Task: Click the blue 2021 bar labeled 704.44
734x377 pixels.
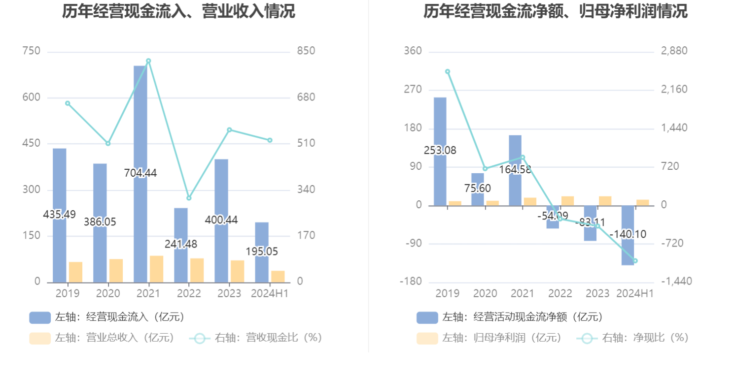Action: tap(140, 174)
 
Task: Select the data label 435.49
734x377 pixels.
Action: tap(59, 215)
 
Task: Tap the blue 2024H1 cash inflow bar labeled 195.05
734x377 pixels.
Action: tap(262, 252)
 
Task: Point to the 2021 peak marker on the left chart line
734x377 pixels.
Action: tap(148, 61)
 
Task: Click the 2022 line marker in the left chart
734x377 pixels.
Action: tap(189, 198)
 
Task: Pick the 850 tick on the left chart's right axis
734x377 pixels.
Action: tap(306, 51)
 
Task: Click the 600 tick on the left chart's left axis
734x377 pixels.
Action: tap(31, 97)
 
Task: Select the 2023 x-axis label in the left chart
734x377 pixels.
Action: tap(229, 293)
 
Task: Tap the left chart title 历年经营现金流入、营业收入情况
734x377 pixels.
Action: tap(178, 11)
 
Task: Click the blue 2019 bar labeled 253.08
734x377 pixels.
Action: tap(440, 152)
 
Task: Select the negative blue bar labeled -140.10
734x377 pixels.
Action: tap(628, 235)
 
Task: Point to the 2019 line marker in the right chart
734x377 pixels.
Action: tap(448, 72)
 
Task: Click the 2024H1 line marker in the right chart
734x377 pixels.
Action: tap(635, 261)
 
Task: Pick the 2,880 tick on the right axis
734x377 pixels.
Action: tap(674, 51)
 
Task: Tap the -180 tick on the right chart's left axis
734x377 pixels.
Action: tap(411, 282)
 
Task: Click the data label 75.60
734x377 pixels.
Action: tap(478, 188)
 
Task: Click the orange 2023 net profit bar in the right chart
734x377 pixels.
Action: tap(605, 201)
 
